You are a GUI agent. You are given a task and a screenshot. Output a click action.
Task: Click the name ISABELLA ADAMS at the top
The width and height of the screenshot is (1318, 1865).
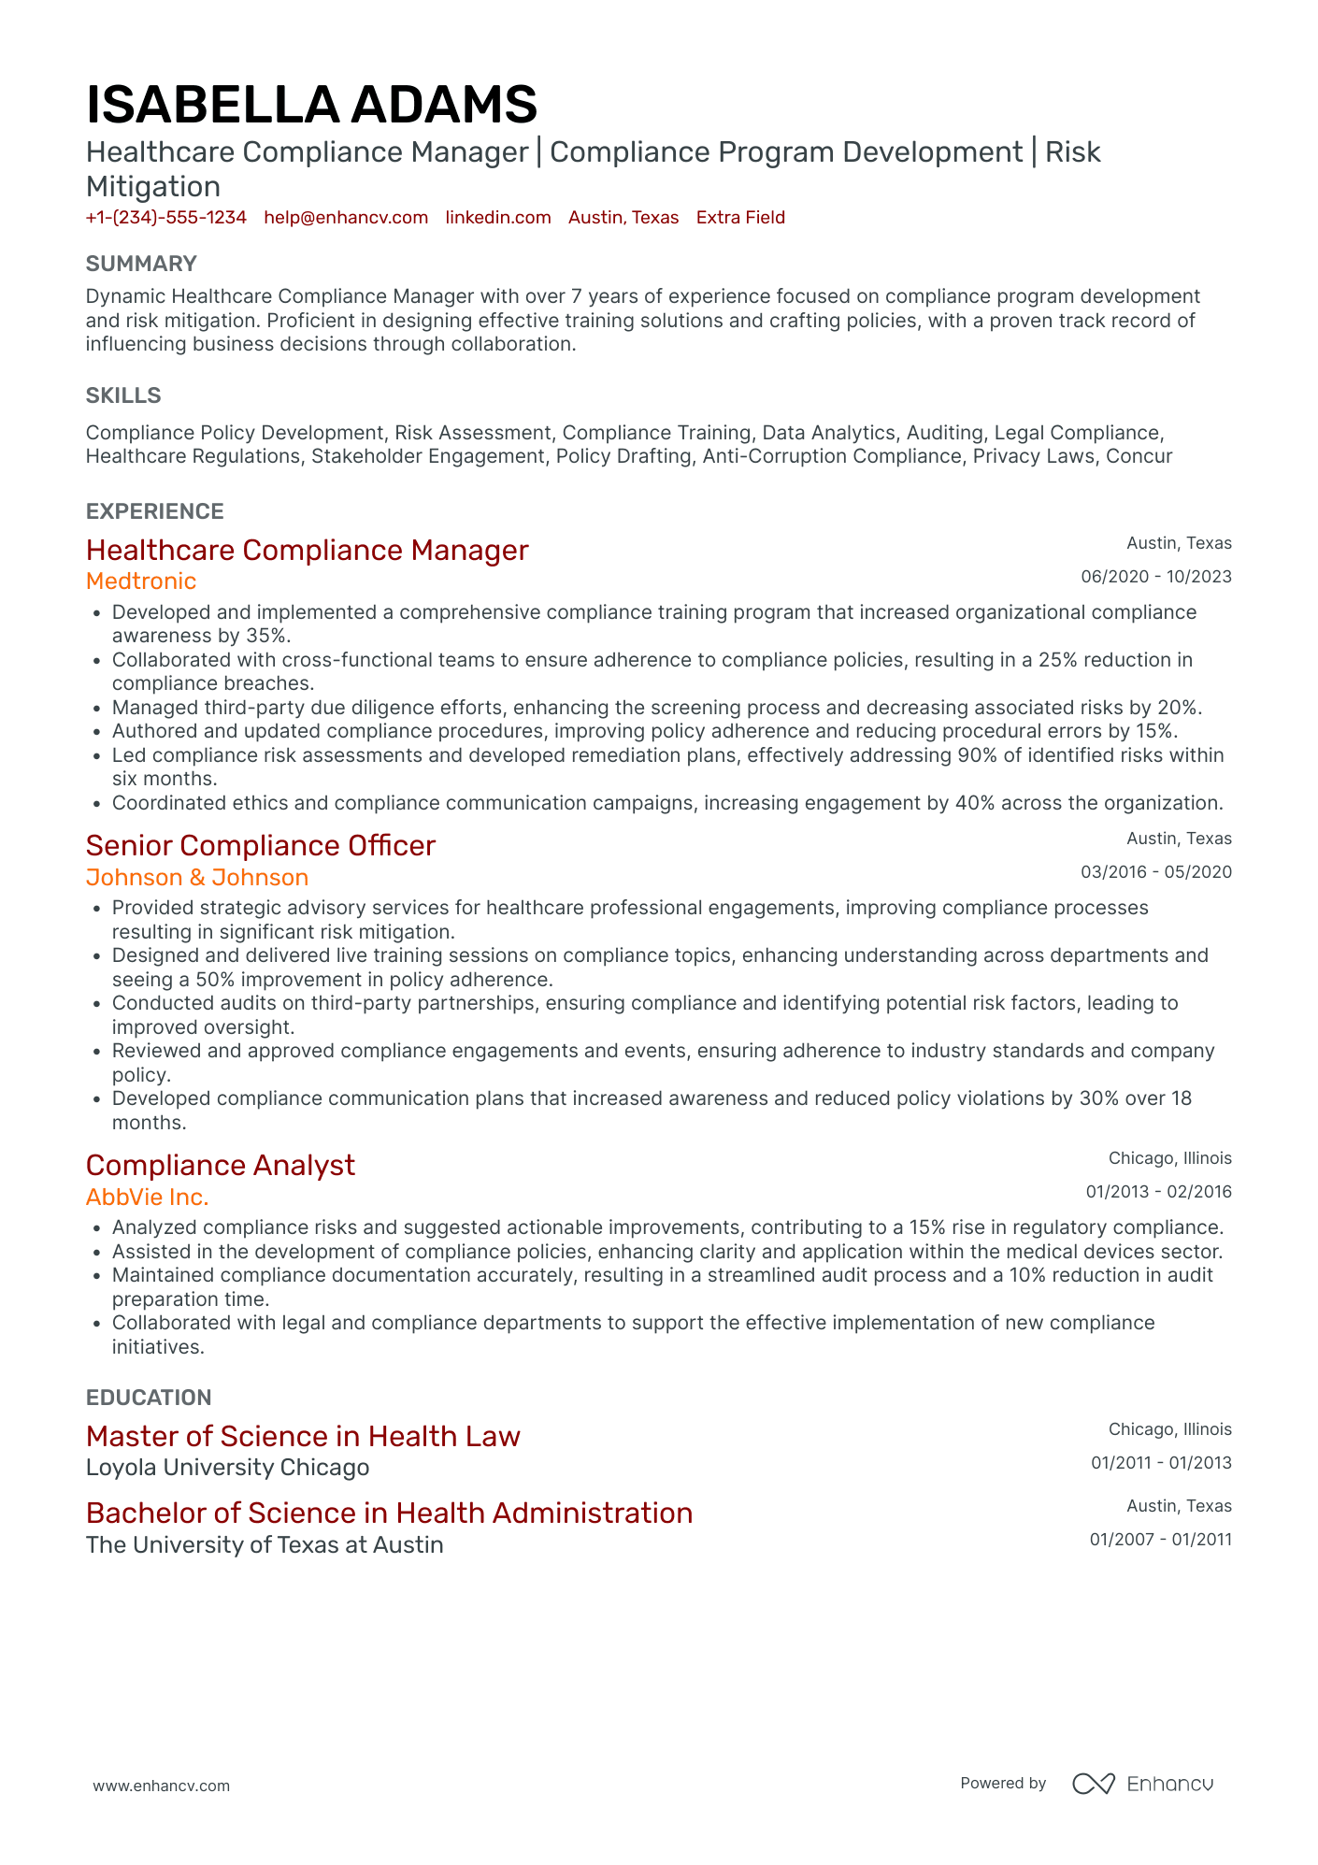tap(311, 104)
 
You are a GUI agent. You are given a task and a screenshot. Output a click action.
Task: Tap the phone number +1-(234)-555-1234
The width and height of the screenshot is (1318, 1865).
tap(166, 218)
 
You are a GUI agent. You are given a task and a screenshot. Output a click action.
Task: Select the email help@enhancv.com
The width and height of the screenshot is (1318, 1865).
tap(346, 218)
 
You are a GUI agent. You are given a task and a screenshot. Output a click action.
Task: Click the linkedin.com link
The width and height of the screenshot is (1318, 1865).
tap(498, 218)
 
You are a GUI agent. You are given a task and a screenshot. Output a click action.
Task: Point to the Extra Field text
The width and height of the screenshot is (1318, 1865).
tap(740, 218)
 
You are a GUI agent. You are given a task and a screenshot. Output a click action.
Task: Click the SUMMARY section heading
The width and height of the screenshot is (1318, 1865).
tap(141, 264)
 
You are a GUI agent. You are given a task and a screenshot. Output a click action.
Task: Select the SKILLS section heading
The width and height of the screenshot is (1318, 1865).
tap(123, 395)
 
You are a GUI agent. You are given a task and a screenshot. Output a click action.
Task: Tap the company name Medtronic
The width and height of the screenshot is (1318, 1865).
tap(141, 581)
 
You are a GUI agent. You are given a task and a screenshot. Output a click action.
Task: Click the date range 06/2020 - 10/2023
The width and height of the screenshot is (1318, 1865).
tap(1156, 577)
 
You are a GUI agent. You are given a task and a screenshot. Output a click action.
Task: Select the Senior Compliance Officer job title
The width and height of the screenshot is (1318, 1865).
tap(261, 846)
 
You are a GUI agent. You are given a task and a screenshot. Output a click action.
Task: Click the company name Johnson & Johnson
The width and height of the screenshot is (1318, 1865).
tap(197, 878)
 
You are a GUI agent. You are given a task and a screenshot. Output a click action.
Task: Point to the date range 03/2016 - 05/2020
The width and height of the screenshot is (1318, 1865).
tap(1156, 872)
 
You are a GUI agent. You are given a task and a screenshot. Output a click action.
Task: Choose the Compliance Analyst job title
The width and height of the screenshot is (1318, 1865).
tap(221, 1166)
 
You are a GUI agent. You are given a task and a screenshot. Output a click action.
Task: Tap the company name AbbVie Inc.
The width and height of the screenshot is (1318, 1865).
tap(148, 1198)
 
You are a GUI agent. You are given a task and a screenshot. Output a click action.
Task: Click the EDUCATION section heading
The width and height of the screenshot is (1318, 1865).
tap(149, 1398)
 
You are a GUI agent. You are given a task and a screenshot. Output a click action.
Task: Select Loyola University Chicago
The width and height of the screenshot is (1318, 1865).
tap(227, 1468)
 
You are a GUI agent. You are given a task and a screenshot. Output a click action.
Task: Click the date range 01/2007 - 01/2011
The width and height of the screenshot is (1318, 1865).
tap(1160, 1540)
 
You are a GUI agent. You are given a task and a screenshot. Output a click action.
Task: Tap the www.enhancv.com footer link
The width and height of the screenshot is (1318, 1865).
tap(161, 1786)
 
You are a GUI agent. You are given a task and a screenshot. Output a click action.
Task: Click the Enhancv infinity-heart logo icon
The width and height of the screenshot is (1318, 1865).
tap(1093, 1784)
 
